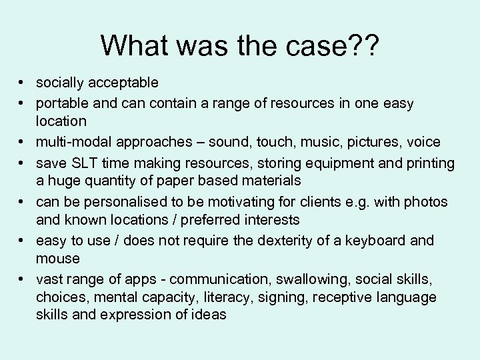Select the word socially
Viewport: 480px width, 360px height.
coord(61,83)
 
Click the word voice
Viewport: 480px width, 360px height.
coord(425,142)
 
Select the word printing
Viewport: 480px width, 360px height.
coord(432,163)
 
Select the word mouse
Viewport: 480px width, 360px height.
coord(57,258)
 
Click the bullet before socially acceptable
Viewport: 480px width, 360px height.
coord(23,83)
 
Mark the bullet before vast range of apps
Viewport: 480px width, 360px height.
coord(23,278)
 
